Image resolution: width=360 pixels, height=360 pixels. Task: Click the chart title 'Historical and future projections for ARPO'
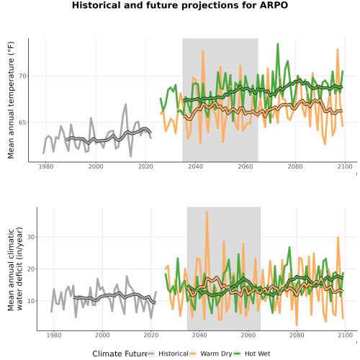(x=180, y=5)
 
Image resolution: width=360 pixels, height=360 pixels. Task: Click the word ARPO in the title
(x=274, y=5)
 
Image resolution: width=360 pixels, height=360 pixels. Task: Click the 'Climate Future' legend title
(x=120, y=354)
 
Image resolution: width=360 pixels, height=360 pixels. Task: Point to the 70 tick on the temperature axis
(x=22, y=76)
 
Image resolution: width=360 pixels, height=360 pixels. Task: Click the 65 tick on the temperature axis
(x=22, y=122)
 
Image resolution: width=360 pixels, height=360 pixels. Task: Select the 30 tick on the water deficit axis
(x=31, y=237)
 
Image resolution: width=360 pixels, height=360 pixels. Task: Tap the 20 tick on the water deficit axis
(x=31, y=269)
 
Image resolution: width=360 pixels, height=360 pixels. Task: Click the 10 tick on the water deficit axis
(x=31, y=301)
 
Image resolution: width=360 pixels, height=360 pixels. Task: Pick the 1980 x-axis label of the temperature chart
(x=46, y=166)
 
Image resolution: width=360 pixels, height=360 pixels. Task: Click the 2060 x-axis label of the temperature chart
(x=246, y=166)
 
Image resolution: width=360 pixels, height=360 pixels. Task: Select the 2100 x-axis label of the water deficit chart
(x=345, y=335)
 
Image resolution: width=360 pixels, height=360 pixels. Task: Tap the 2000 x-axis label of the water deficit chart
(x=102, y=335)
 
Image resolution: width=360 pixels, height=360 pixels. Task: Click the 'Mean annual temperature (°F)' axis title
(x=11, y=100)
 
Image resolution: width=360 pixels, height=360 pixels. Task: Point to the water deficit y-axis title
(x=15, y=269)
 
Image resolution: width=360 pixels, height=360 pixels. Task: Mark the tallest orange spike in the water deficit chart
(x=207, y=212)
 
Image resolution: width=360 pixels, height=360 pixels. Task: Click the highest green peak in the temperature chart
(x=278, y=44)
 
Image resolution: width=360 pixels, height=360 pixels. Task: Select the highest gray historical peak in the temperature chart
(x=125, y=104)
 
